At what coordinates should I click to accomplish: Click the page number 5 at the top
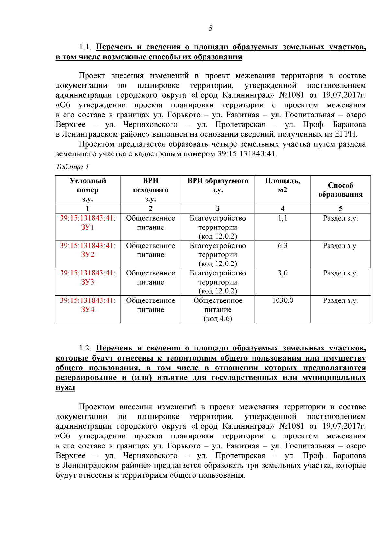tap(211, 28)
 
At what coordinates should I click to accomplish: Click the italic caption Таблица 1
tap(72, 167)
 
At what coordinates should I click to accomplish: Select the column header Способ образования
tap(340, 190)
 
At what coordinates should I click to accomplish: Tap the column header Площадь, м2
tap(282, 185)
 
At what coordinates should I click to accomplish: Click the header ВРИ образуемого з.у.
tap(218, 185)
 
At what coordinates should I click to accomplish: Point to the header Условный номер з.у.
tap(88, 190)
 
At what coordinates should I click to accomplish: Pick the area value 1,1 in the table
tap(282, 218)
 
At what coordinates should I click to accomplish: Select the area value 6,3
tap(282, 246)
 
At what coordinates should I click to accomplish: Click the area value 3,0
tap(282, 273)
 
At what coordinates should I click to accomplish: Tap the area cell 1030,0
tap(282, 300)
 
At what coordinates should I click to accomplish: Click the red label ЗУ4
tap(88, 310)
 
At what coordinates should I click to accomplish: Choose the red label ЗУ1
tap(88, 227)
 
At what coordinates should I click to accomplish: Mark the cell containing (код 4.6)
tap(218, 318)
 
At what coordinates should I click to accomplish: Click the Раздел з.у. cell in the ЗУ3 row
tap(340, 273)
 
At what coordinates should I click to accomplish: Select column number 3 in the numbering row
tap(218, 208)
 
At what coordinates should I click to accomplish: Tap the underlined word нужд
tap(65, 387)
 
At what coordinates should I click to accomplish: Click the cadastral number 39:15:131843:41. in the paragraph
tap(247, 154)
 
